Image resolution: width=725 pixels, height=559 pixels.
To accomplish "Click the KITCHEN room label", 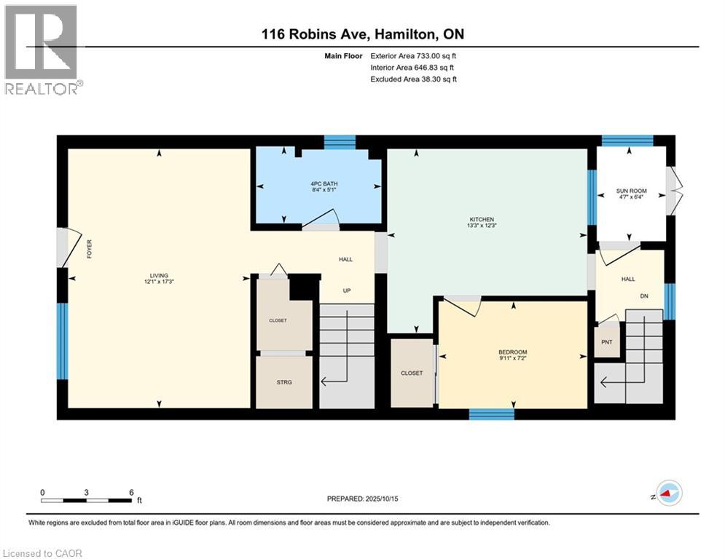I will tap(482, 219).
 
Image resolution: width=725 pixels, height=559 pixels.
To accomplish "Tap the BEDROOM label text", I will tap(512, 352).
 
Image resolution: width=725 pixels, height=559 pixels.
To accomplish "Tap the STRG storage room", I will tap(284, 381).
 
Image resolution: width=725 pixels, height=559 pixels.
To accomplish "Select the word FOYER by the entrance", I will tap(90, 249).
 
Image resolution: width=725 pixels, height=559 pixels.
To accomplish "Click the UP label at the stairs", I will tap(347, 290).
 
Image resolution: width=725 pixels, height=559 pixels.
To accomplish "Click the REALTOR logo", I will tap(42, 50).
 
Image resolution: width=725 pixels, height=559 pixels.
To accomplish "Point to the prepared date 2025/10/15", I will tap(362, 499).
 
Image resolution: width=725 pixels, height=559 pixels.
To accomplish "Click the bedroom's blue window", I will tap(491, 414).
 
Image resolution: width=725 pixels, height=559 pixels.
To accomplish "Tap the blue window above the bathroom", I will tap(339, 141).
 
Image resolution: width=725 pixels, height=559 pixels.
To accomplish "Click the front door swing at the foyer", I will tap(69, 245).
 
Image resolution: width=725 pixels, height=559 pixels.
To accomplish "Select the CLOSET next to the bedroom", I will tap(411, 373).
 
